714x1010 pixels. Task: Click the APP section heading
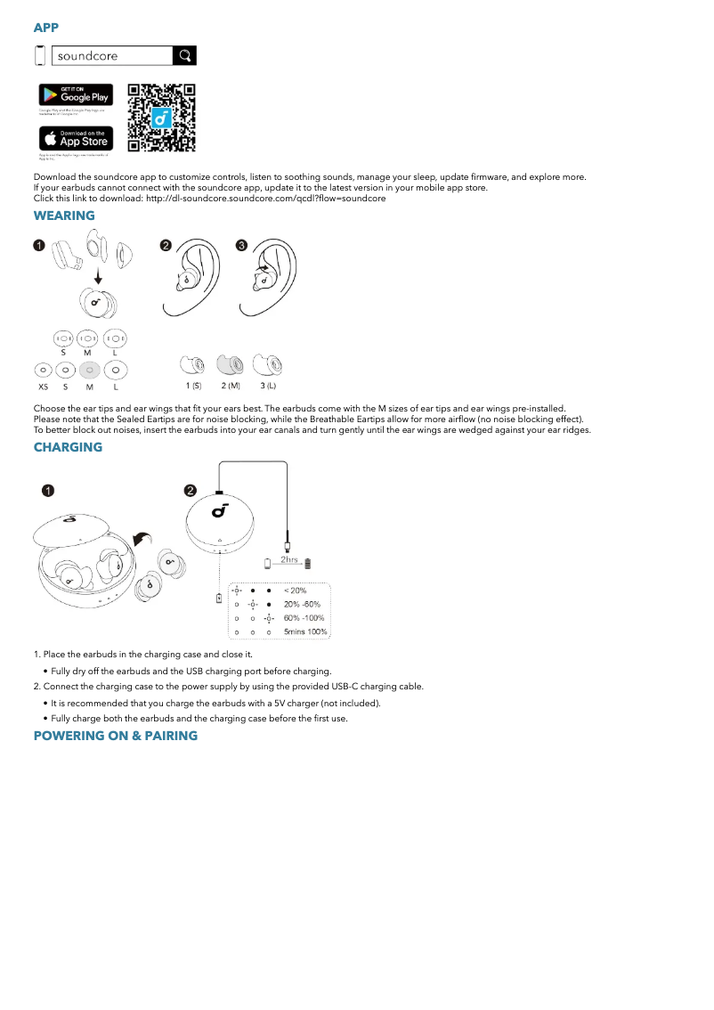(46, 28)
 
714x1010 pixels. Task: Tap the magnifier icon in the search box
(184, 56)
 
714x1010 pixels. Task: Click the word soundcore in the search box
(87, 56)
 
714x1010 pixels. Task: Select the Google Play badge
(76, 94)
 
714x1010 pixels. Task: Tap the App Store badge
(76, 138)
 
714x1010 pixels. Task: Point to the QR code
(161, 118)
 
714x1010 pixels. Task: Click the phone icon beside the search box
(39, 55)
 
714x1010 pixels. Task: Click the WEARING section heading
(64, 216)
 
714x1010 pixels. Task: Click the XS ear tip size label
(43, 387)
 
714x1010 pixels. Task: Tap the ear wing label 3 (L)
(268, 386)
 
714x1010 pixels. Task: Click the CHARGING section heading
(68, 447)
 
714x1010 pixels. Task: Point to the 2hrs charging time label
(289, 560)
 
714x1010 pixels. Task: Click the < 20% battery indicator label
(295, 591)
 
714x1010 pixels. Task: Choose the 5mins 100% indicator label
(305, 632)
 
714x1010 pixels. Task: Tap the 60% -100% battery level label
(304, 618)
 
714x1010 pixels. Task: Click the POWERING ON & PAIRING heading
(115, 736)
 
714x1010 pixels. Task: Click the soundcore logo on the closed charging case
(220, 510)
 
